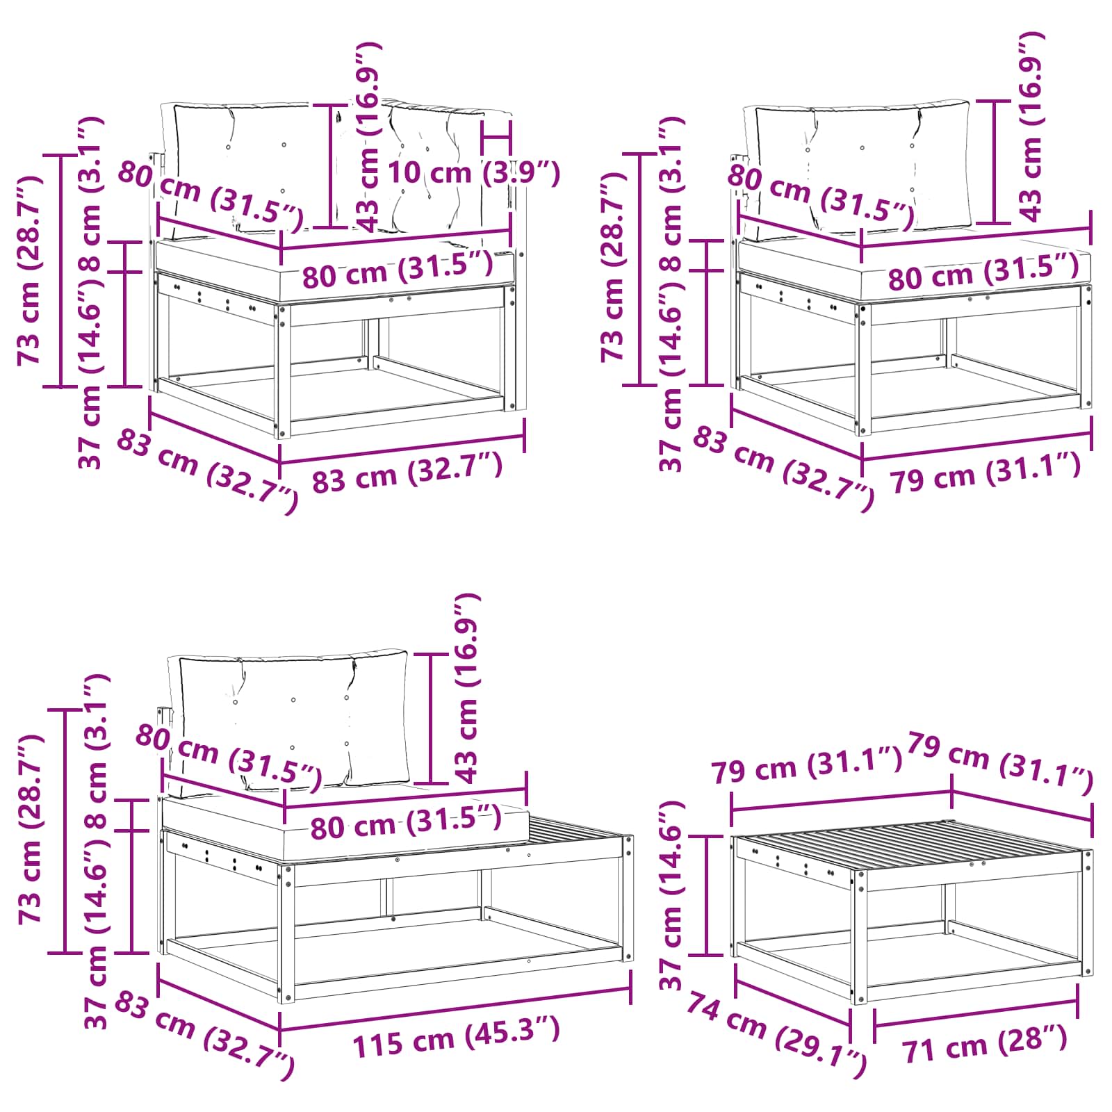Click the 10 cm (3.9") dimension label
[473, 172]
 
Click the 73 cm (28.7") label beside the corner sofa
[31, 271]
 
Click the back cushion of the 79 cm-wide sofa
[862, 167]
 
